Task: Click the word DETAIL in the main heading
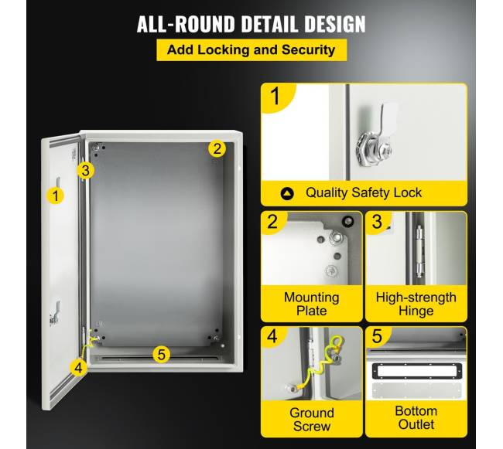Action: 269,24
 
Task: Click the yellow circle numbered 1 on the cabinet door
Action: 56,196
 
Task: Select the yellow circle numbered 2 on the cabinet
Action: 217,148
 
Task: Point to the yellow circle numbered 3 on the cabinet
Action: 85,170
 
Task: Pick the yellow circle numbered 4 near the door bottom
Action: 78,367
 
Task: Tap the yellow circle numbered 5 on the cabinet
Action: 162,354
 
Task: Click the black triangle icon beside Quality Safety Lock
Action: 287,193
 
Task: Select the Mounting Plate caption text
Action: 312,304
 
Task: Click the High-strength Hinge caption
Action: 416,304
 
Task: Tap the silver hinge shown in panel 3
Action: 419,251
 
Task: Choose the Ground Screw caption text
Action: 312,420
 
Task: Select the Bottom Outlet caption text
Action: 416,417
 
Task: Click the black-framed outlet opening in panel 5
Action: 417,371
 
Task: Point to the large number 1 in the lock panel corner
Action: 275,96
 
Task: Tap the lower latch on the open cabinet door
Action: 55,314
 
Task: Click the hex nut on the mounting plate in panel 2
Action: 336,237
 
